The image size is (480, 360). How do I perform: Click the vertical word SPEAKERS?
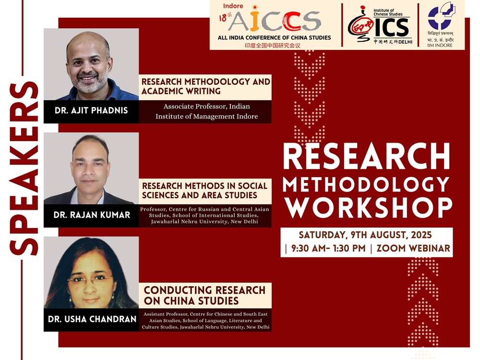pyautogui.click(x=24, y=168)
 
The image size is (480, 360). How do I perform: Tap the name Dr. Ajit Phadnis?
pyautogui.click(x=91, y=110)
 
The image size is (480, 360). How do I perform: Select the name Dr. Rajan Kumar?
pyautogui.click(x=92, y=215)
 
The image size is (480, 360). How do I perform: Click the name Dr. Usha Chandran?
pyautogui.click(x=92, y=319)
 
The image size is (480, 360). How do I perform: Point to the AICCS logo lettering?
pyautogui.click(x=275, y=22)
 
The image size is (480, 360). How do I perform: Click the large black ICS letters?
pyautogui.click(x=392, y=27)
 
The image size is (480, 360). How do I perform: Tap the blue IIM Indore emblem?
pyautogui.click(x=441, y=16)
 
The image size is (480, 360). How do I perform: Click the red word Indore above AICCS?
pyautogui.click(x=233, y=6)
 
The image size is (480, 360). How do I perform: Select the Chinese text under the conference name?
pyautogui.click(x=273, y=46)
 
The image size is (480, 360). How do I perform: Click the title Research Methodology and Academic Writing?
pyautogui.click(x=206, y=86)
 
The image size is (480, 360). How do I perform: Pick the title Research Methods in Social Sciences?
pyautogui.click(x=205, y=191)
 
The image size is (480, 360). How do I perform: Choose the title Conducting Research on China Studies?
pyautogui.click(x=204, y=295)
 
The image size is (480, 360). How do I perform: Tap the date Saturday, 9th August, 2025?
pyautogui.click(x=365, y=235)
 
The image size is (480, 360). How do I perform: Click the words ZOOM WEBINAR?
pyautogui.click(x=413, y=248)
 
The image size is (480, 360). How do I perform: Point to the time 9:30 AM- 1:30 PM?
pyautogui.click(x=328, y=248)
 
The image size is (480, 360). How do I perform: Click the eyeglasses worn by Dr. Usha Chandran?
pyautogui.click(x=90, y=279)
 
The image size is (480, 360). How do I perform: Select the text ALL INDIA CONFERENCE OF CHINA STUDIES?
pyautogui.click(x=274, y=37)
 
